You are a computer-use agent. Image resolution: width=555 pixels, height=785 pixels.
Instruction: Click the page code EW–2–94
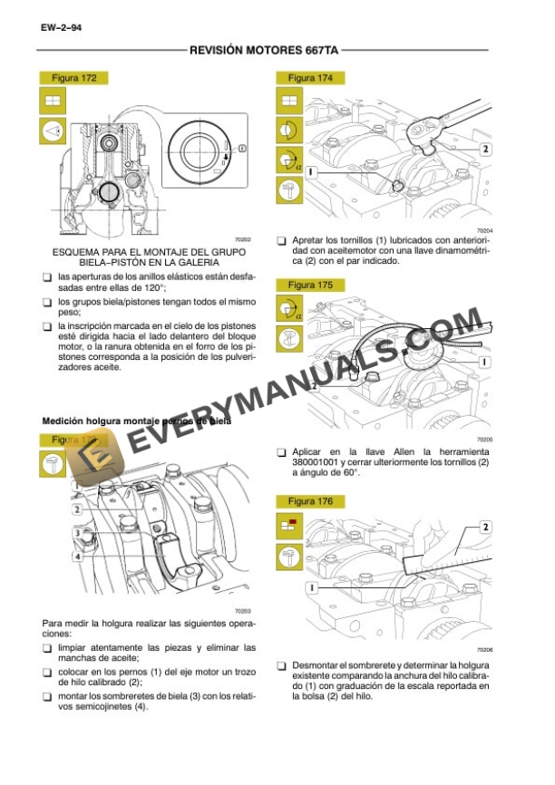point(61,28)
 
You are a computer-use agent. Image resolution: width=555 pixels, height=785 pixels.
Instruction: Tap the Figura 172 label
point(77,79)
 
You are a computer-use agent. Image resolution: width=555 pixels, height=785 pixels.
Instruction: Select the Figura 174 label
point(311,79)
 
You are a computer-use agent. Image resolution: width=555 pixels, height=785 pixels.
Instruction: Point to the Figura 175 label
point(311,285)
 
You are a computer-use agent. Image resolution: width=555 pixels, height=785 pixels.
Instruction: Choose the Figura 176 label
point(311,501)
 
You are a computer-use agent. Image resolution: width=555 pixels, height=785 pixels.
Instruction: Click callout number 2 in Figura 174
point(485,149)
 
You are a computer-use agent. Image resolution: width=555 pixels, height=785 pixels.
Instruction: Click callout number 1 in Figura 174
point(310,170)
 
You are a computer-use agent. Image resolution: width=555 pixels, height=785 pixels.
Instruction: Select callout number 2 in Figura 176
point(485,527)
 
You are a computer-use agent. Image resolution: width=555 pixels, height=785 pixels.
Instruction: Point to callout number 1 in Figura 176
point(310,587)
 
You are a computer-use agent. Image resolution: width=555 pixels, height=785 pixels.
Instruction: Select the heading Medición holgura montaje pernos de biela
point(136,422)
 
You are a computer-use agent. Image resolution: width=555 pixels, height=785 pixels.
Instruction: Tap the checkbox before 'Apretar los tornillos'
point(281,240)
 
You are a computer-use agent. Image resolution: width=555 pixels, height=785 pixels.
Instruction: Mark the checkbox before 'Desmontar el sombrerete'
point(281,665)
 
